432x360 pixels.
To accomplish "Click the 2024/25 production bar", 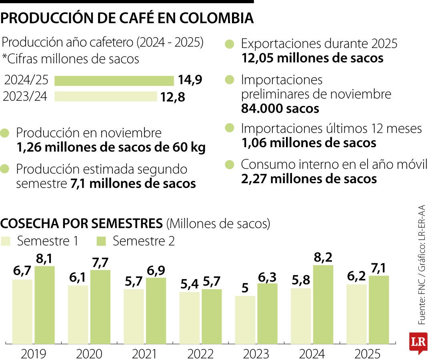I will pyautogui.click(x=114, y=81).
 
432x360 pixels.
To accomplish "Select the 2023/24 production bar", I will pyautogui.click(x=106, y=96).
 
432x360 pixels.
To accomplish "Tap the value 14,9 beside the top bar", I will pyautogui.click(x=190, y=80).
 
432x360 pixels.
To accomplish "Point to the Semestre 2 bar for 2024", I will pyautogui.click(x=323, y=304).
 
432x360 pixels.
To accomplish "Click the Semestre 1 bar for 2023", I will pyautogui.click(x=245, y=320).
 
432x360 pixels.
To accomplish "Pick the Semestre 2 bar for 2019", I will pyautogui.click(x=44, y=305).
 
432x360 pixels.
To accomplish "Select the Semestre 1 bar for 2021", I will pyautogui.click(x=134, y=316).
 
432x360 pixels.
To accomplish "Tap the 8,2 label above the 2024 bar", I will pyautogui.click(x=323, y=257).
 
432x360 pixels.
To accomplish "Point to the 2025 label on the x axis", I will pyautogui.click(x=367, y=354).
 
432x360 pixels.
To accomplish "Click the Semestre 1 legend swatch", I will pyautogui.click(x=6, y=241).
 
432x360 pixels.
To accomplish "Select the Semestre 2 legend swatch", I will pyautogui.click(x=101, y=241).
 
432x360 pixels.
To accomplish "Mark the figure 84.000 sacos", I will pyautogui.click(x=280, y=108).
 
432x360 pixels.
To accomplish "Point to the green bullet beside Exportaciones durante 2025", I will pyautogui.click(x=230, y=44).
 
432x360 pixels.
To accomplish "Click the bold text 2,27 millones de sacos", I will pyautogui.click(x=309, y=178).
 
